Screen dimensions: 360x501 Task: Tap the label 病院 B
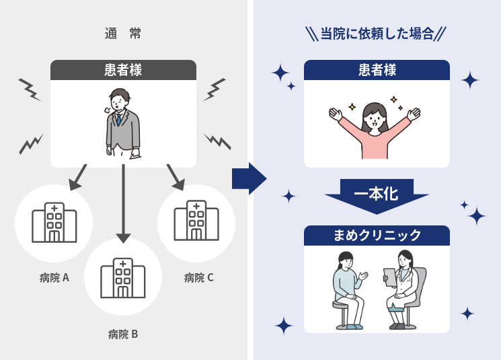(x=123, y=333)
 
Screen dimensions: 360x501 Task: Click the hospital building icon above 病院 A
(x=54, y=221)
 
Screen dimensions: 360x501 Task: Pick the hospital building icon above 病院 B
(x=123, y=277)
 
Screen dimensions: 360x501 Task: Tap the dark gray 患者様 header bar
(x=123, y=69)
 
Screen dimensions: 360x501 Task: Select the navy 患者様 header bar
(x=377, y=69)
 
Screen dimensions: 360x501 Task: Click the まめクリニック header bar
(x=377, y=235)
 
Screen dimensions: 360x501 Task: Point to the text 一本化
(x=377, y=194)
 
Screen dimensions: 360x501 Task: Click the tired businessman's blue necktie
(x=119, y=119)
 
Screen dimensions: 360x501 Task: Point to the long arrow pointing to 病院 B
(x=123, y=202)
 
